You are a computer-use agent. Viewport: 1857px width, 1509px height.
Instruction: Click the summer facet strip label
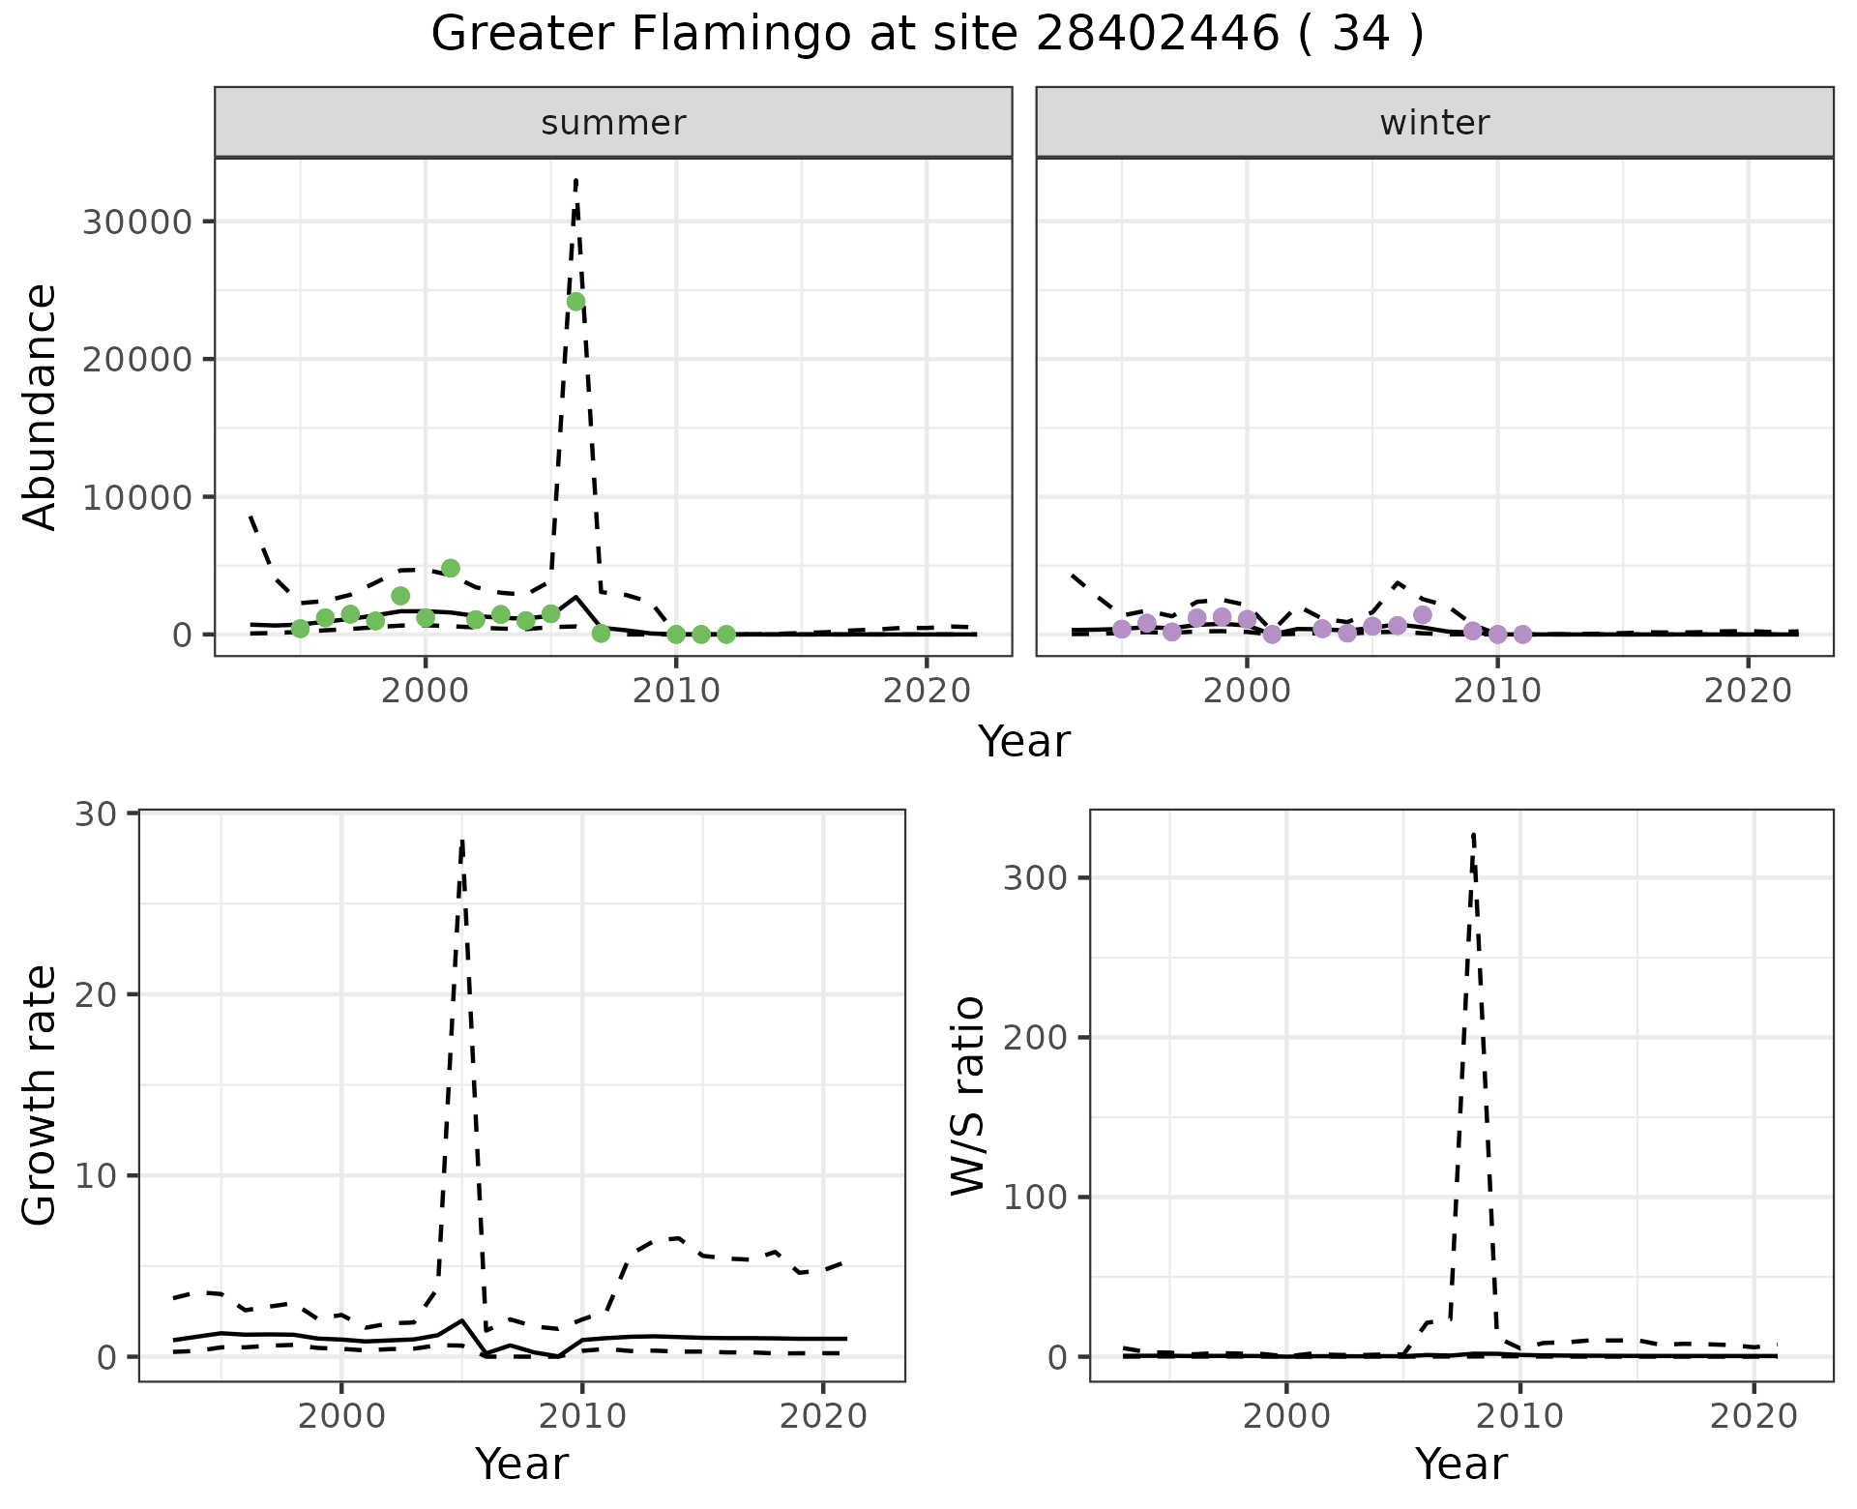613,123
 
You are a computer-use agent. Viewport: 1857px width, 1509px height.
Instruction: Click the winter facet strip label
1434,123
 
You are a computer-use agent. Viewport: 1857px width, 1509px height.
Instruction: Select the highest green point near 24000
575,302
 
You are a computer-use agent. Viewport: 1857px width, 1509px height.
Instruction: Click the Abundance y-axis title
41,406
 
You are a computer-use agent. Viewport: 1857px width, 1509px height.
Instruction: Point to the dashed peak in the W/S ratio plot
1473,834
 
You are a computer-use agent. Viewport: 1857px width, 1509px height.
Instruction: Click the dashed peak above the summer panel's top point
575,181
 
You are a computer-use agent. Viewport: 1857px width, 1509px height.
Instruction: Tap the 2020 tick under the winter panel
1748,693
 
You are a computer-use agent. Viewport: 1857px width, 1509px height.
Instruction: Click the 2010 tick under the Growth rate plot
581,1417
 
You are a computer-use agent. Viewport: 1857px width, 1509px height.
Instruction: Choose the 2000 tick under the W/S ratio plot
1285,1417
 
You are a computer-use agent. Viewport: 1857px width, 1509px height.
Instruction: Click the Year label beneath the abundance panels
1023,742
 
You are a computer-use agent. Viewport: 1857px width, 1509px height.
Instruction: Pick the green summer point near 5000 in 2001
451,568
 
